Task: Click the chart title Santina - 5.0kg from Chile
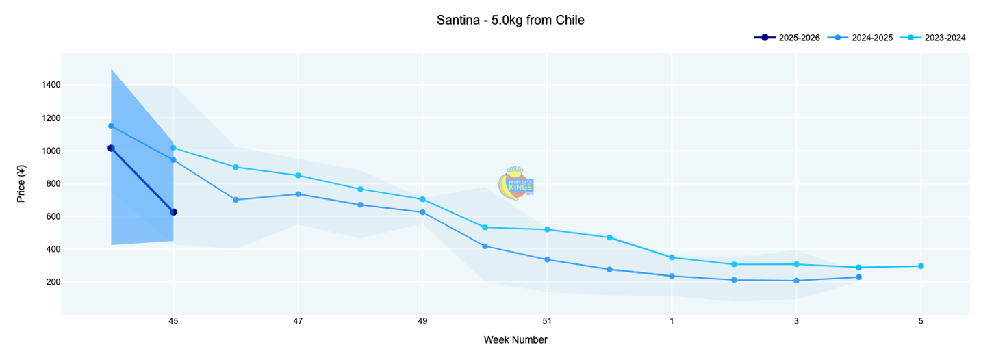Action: click(x=510, y=21)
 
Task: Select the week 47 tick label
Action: click(x=298, y=320)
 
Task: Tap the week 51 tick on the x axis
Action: click(x=547, y=320)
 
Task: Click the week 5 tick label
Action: click(x=921, y=320)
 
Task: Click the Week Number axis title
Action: click(x=515, y=339)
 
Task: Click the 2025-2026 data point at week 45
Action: click(x=173, y=212)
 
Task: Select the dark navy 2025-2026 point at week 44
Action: click(x=111, y=148)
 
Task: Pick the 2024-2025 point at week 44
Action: click(x=111, y=126)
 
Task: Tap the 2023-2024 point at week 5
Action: click(x=921, y=266)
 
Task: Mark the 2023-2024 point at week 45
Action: click(x=173, y=148)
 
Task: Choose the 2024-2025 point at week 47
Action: click(x=298, y=194)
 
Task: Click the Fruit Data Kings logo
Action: click(x=515, y=183)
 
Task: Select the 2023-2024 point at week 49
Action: click(x=422, y=199)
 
